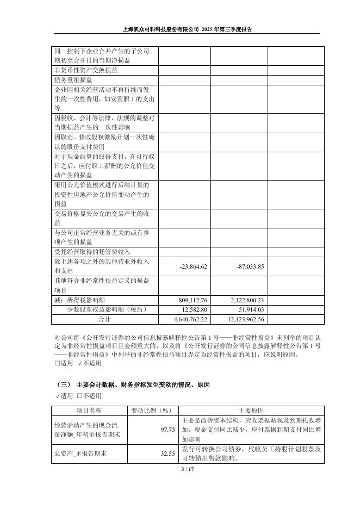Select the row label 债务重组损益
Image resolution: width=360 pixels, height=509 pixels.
pyautogui.click(x=73, y=79)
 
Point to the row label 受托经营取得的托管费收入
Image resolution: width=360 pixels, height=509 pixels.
pyautogui.click(x=92, y=252)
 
